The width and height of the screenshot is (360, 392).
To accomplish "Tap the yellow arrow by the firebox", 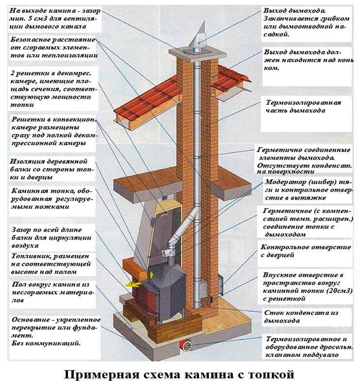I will (x=130, y=283).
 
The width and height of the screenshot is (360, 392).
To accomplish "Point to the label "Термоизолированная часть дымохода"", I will (x=303, y=106).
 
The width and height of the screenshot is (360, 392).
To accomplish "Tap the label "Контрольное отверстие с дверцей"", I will (x=306, y=251).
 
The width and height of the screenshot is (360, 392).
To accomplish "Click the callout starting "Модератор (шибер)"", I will (x=304, y=189).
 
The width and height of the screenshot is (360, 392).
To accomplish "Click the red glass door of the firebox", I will (x=146, y=296).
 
